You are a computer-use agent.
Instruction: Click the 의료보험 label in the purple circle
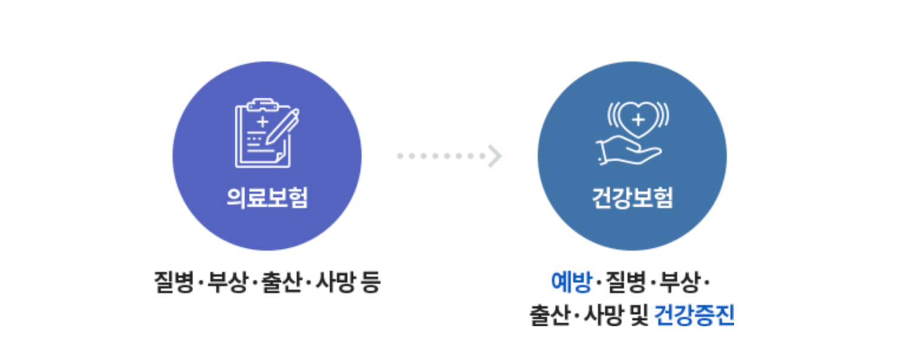[x=266, y=198]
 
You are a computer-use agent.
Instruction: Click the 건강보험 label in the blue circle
[x=632, y=198]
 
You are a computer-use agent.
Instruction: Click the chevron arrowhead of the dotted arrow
[x=495, y=156]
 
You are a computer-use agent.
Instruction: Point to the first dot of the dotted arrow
[x=400, y=156]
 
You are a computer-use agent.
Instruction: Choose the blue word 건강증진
[x=694, y=315]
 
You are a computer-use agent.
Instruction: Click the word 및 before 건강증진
[x=640, y=315]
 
